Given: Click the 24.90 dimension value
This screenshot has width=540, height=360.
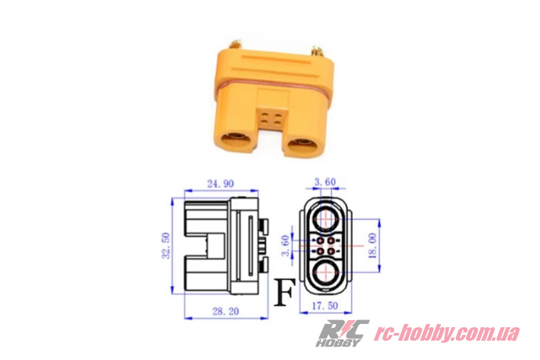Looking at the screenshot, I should coord(221,184).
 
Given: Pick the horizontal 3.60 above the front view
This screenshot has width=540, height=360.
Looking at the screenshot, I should coord(325,183).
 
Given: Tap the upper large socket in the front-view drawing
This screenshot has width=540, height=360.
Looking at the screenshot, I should coord(325,217).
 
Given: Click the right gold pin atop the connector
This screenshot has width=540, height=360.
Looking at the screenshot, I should coord(316,49).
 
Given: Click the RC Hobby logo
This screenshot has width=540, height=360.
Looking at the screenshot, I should coord(344,333).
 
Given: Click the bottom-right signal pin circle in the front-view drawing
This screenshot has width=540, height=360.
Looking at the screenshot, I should coord(331,251).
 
